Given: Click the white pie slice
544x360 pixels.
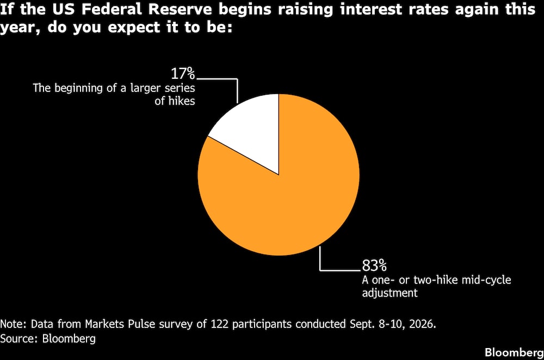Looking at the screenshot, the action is click(x=254, y=129).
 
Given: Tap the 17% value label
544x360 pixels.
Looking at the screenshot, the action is click(x=183, y=73).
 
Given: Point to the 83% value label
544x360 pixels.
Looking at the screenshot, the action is click(x=374, y=265).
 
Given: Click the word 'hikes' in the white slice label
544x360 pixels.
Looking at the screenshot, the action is click(x=182, y=101).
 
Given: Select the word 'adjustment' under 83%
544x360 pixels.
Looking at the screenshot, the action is click(x=390, y=293).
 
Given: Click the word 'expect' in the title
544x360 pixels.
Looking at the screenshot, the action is click(x=134, y=27).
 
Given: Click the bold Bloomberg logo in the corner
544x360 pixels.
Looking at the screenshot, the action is click(x=514, y=352).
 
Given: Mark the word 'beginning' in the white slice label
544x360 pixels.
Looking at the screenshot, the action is click(x=79, y=88).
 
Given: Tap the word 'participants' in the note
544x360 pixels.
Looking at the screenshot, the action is click(x=262, y=324).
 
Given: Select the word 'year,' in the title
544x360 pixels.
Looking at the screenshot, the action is click(x=21, y=28).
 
